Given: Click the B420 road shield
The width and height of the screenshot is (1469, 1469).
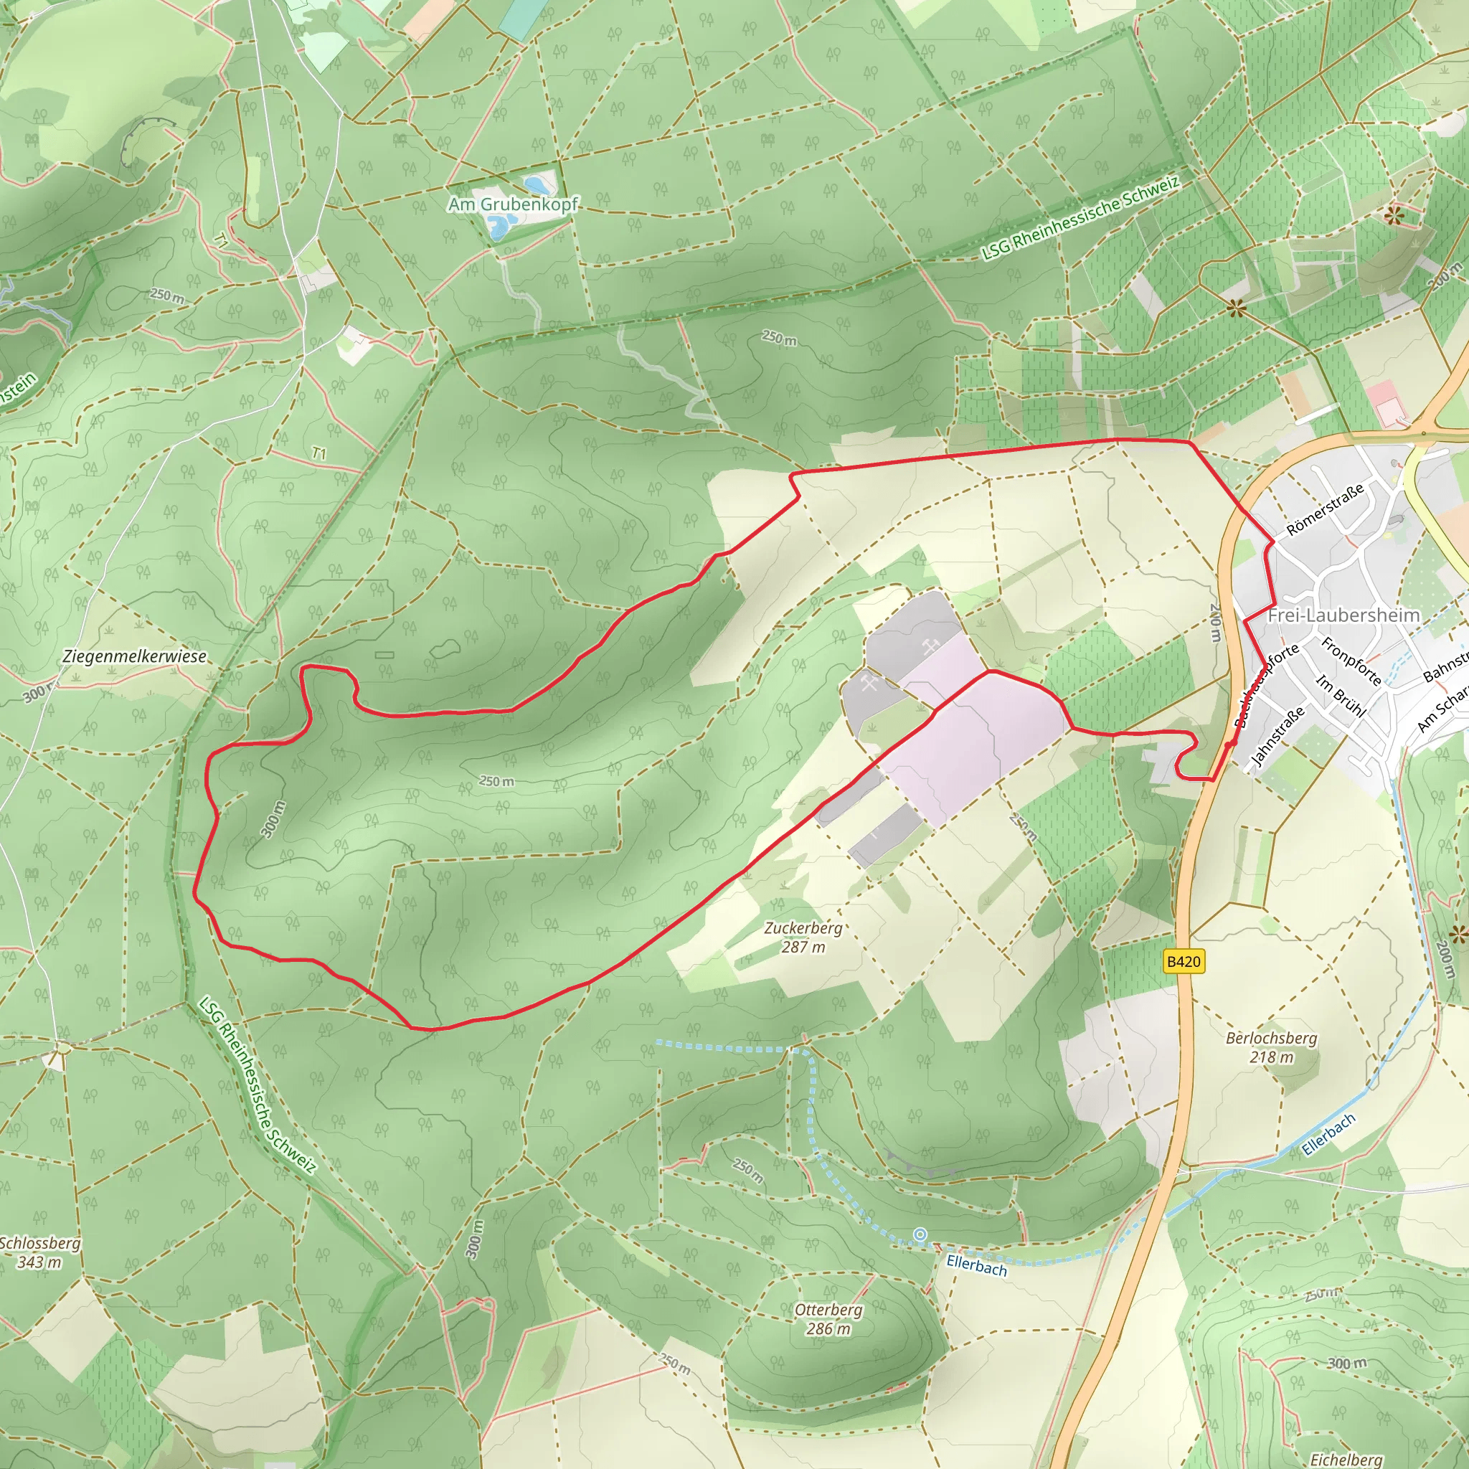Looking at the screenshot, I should click(1184, 962).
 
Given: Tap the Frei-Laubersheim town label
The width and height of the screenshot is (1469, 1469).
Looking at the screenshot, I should click(1343, 615).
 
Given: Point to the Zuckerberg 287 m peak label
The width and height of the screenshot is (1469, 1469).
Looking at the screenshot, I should click(803, 937).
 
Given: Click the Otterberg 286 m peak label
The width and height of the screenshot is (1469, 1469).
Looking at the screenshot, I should click(828, 1319).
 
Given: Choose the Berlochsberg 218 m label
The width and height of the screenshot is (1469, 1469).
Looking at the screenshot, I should click(1271, 1047).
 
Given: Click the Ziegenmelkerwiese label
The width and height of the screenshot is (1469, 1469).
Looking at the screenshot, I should click(135, 656).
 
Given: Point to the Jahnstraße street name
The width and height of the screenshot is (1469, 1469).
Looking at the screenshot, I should click(1278, 735).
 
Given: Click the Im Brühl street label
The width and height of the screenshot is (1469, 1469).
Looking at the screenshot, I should click(1341, 696).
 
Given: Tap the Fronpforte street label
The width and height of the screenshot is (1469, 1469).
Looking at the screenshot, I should click(1351, 661).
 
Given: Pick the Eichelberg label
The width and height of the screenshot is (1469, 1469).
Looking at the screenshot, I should click(1346, 1459).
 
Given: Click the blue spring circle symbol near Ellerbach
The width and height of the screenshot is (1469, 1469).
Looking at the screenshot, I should click(920, 1235).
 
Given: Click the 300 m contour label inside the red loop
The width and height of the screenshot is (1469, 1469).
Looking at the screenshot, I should click(273, 819).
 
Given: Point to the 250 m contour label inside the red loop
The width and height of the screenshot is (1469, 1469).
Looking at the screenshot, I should click(496, 781).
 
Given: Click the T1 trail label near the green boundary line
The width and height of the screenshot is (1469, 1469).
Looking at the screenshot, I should click(319, 453).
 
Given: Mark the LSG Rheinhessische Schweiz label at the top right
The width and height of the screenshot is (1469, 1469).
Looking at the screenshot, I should click(1080, 218).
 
